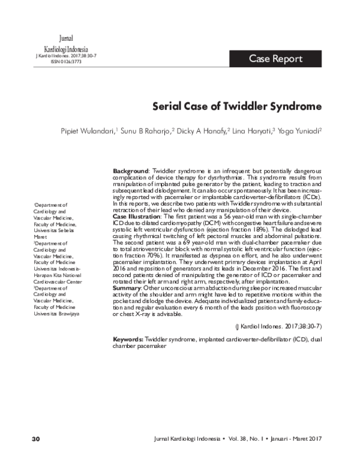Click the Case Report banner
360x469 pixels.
point(275,59)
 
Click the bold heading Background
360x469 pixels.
point(131,171)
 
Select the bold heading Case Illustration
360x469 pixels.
point(136,215)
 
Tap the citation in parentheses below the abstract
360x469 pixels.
point(280,326)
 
